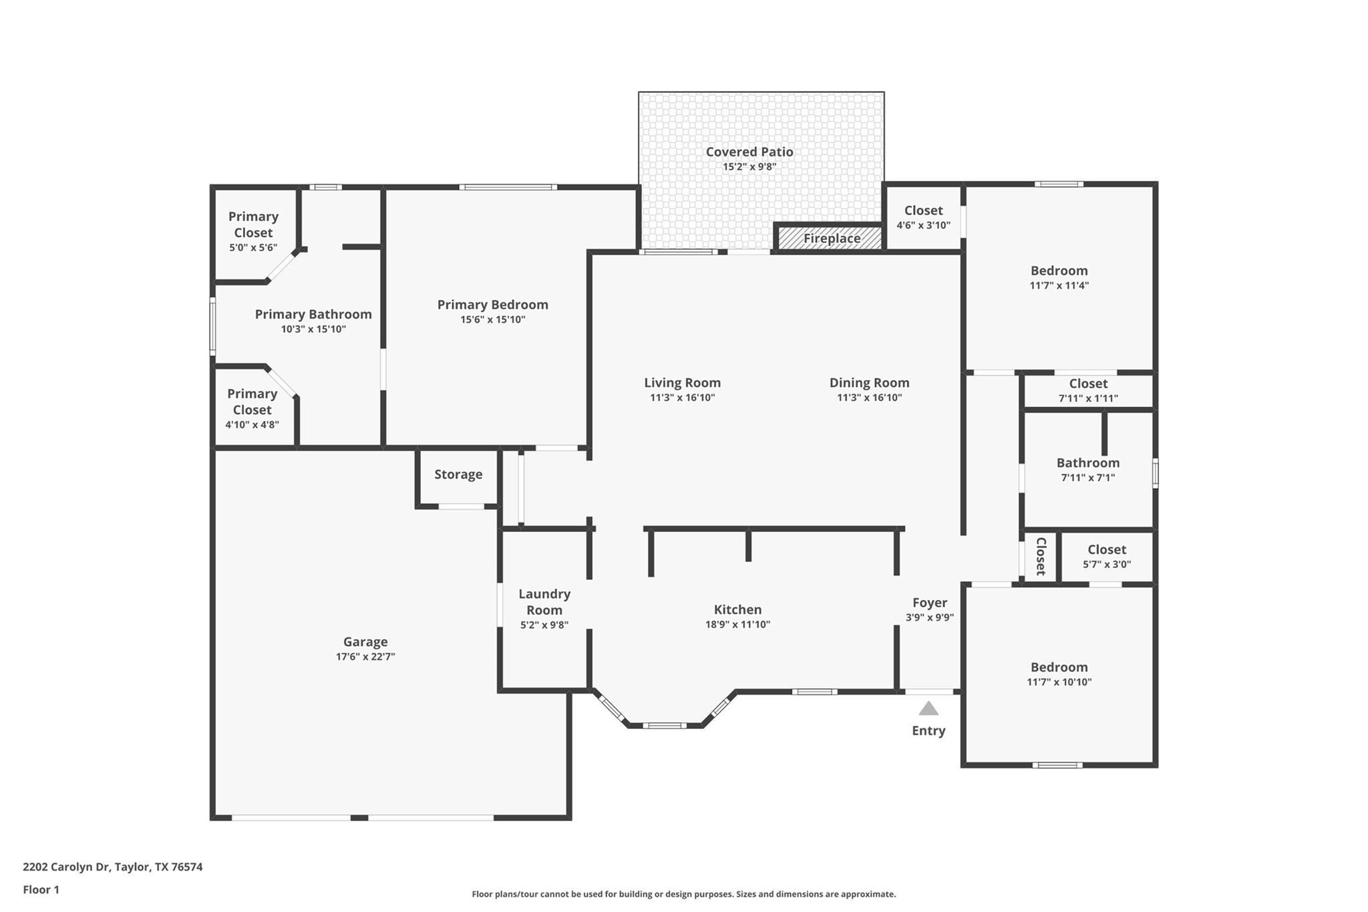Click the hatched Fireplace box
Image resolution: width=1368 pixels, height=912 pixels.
click(830, 237)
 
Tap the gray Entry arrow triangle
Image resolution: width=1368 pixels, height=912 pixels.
click(928, 708)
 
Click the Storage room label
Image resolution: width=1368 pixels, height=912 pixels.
click(458, 474)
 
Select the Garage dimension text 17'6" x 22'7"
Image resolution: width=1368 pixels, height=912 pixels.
click(365, 657)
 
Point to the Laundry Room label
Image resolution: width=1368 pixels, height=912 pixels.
click(544, 602)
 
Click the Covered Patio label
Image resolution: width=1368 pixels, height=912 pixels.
click(749, 152)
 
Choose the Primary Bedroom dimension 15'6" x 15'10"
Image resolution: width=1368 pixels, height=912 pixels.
click(493, 319)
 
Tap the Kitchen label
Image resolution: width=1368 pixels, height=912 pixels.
click(737, 609)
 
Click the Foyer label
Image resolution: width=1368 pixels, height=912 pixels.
click(930, 603)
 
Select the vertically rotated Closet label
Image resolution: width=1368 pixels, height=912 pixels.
click(1041, 556)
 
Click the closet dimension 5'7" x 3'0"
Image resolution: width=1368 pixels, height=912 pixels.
click(1107, 565)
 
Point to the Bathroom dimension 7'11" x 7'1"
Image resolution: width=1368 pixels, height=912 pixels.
click(1088, 478)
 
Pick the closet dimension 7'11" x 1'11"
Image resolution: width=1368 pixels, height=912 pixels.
click(1088, 398)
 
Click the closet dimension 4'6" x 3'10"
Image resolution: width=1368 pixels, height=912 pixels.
click(923, 225)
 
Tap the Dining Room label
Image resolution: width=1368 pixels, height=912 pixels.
click(869, 383)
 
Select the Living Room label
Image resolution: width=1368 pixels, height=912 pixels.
click(682, 383)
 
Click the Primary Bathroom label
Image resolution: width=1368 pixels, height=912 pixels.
click(313, 314)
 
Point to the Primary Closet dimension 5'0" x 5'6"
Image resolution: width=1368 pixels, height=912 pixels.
click(253, 248)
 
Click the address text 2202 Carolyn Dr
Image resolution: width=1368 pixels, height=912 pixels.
click(65, 867)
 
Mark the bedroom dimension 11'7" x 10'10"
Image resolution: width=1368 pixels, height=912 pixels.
click(1059, 682)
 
